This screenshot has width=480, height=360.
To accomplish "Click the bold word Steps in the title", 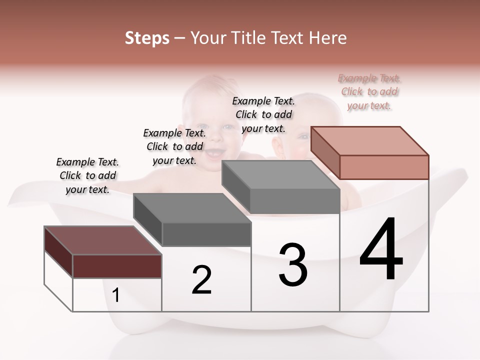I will (147, 38).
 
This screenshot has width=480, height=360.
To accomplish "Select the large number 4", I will (381, 250).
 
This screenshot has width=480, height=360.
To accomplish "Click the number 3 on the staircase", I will (293, 265).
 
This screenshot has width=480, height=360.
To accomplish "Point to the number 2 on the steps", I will (201, 280).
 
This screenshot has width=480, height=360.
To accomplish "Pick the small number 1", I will (116, 295).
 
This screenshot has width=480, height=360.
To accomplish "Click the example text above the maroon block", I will (87, 176).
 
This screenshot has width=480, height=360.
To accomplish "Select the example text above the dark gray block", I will (174, 146).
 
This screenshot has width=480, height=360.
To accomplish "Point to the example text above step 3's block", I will (263, 114).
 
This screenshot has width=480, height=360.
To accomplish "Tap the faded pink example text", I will (369, 92).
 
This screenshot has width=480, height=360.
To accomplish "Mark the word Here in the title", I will (327, 38).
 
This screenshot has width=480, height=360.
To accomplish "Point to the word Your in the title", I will (207, 38).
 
